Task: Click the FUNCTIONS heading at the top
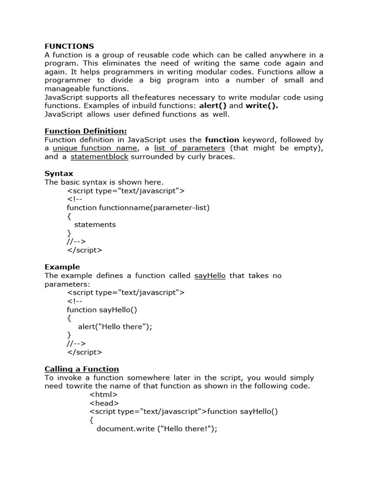(x=69, y=46)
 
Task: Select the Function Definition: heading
(x=86, y=131)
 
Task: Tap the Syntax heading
(x=59, y=173)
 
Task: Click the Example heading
(x=62, y=267)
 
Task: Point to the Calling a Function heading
(x=81, y=369)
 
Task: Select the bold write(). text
(x=262, y=106)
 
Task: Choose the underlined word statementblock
(x=99, y=157)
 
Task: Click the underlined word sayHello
(x=210, y=276)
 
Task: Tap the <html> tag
(x=103, y=395)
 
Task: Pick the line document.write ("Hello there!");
(x=157, y=429)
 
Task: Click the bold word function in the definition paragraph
(x=222, y=140)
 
